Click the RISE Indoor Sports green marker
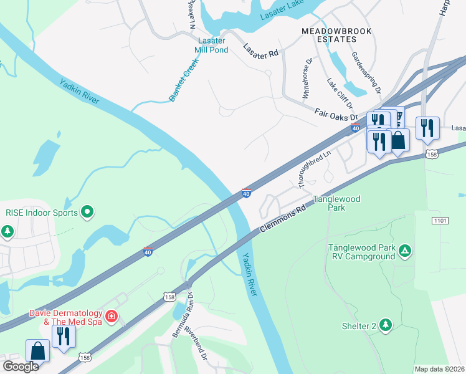(x=87, y=213)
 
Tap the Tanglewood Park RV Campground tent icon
(x=405, y=251)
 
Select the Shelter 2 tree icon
(x=386, y=325)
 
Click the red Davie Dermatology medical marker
(x=112, y=317)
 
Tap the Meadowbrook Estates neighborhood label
(x=336, y=35)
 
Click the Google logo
(x=21, y=367)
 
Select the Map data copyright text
(x=439, y=369)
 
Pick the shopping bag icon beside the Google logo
(x=37, y=350)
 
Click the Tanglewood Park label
(x=336, y=203)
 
